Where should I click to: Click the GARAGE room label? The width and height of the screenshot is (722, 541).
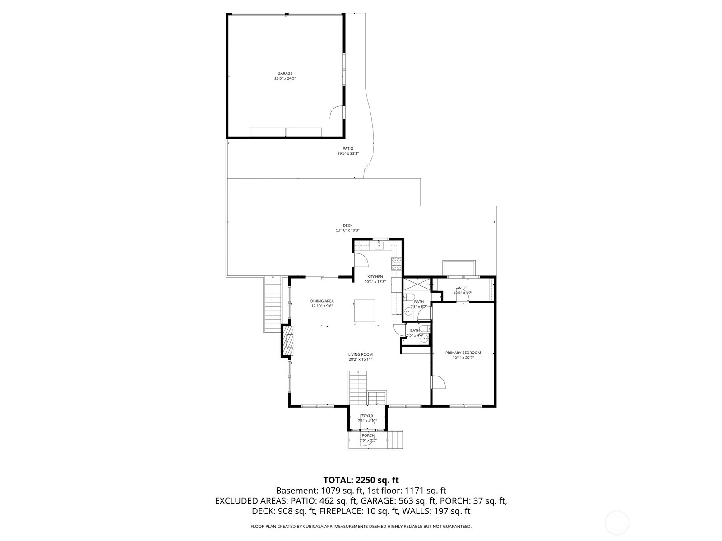click(x=285, y=73)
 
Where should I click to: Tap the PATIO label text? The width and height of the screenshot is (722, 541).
click(x=348, y=148)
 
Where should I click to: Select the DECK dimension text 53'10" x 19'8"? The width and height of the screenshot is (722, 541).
click(x=347, y=230)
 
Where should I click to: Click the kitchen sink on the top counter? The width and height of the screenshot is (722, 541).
click(x=379, y=245)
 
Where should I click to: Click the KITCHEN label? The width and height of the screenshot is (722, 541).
click(x=375, y=277)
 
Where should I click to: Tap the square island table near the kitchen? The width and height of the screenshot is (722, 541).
click(x=364, y=311)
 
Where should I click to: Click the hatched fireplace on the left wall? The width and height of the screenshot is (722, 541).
click(x=288, y=341)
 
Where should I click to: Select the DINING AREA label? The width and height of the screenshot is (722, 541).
click(x=322, y=301)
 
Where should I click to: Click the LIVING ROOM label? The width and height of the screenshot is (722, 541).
click(x=360, y=354)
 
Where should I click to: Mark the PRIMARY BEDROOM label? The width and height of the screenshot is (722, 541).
click(x=463, y=353)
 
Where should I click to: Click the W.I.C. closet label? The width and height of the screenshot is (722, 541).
click(x=463, y=288)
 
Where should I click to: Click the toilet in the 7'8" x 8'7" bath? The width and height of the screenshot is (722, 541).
click(x=409, y=297)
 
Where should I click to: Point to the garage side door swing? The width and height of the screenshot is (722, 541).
click(x=337, y=113)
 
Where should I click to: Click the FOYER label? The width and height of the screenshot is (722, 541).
click(x=367, y=416)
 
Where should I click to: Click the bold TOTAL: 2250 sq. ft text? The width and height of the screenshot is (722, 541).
click(x=361, y=480)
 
